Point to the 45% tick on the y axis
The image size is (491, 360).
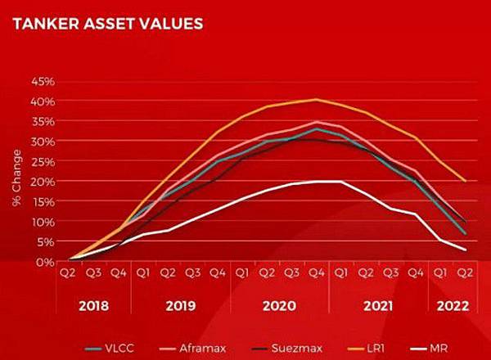[43, 82]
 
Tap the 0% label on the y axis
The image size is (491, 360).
[46, 262]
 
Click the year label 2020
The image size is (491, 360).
[280, 306]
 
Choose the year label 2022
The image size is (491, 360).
[453, 306]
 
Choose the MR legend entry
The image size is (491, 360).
[448, 348]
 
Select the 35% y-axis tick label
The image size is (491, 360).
[43, 122]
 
